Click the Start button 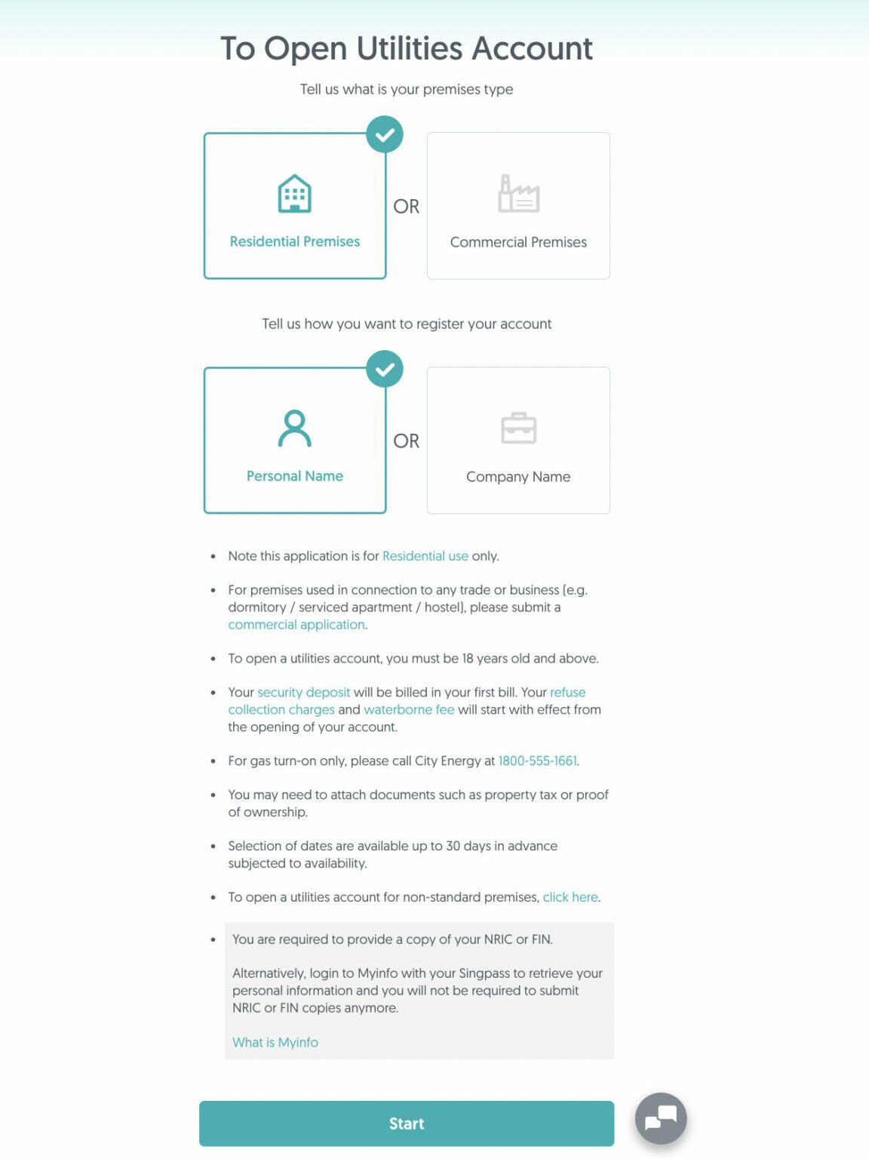406,1123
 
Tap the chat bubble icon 661,1117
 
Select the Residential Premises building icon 294,194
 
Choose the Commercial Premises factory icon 518,194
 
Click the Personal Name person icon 294,429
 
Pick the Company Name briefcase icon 518,429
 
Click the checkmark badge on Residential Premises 385,135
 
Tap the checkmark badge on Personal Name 385,370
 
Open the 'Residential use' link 425,556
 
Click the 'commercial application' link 296,625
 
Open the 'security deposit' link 303,693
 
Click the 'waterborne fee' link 409,710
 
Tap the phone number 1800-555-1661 537,761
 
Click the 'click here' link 570,897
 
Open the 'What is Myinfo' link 275,1042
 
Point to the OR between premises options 406,207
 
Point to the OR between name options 406,441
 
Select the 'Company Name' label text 518,477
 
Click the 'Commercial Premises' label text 518,242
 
